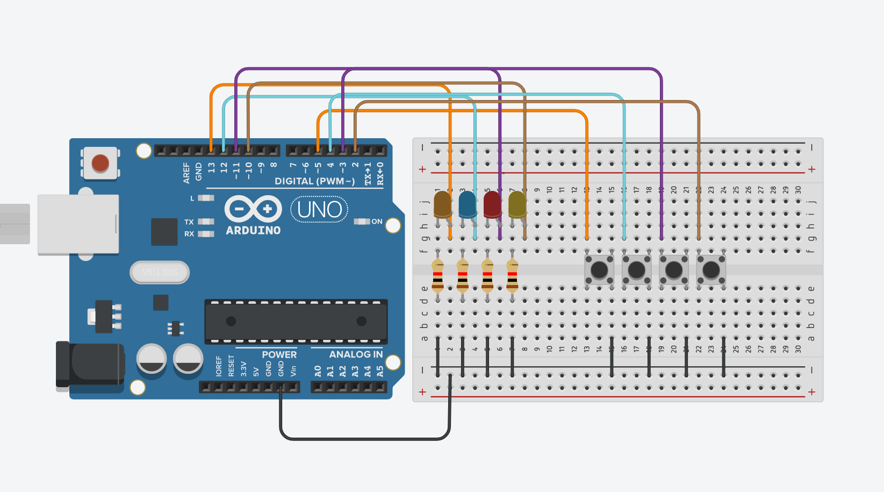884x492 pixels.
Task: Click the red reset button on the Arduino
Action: tap(100, 163)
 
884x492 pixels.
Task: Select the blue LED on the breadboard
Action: tap(467, 204)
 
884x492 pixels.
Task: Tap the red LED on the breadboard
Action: tap(492, 204)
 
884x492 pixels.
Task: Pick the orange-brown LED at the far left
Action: tap(442, 204)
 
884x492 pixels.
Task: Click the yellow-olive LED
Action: tap(517, 204)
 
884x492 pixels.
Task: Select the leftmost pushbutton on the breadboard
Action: tap(599, 269)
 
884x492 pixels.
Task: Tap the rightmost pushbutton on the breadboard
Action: tap(711, 269)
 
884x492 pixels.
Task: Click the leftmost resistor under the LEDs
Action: tap(438, 275)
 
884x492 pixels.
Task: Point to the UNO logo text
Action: tap(319, 209)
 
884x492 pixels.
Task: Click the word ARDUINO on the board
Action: tap(253, 230)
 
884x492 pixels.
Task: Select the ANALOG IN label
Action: tap(356, 354)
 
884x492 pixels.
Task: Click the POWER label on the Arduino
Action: tap(279, 354)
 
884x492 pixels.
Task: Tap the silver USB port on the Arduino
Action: tap(78, 224)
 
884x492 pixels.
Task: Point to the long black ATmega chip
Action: tap(296, 321)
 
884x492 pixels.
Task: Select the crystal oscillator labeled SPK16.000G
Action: tap(160, 273)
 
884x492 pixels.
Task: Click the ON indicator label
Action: tap(377, 222)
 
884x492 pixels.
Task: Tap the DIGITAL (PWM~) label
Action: tap(314, 181)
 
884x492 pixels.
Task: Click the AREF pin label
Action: tap(186, 173)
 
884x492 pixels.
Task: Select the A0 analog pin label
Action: tap(318, 371)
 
